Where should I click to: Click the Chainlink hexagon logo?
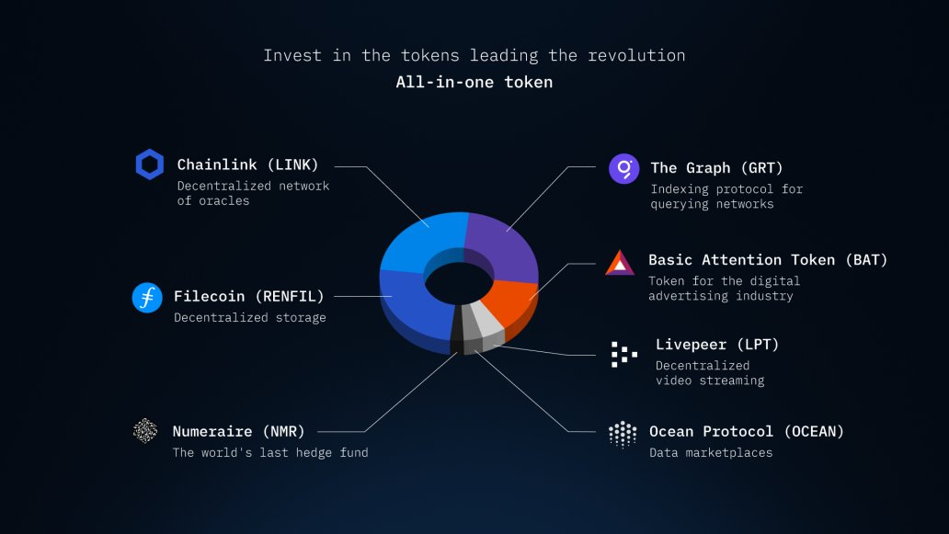point(150,165)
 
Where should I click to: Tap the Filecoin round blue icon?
point(147,298)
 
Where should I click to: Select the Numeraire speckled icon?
point(145,430)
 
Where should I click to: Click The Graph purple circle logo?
point(624,169)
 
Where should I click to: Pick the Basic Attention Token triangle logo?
point(620,263)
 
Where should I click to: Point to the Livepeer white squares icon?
point(624,355)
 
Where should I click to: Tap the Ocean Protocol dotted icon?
point(623,434)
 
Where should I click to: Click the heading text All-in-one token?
point(474,82)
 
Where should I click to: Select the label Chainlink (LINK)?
point(247,165)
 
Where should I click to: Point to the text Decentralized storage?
point(250,317)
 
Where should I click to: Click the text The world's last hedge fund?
point(270,452)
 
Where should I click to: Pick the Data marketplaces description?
point(711,452)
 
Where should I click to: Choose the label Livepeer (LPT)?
point(717,345)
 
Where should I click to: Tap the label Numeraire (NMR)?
point(238,431)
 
